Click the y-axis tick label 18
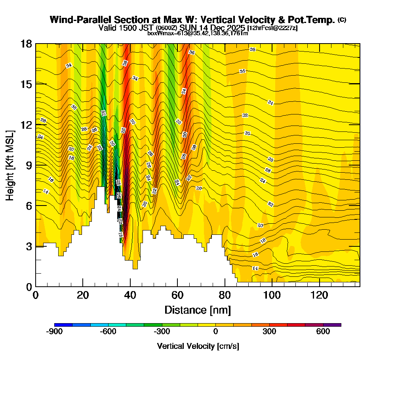(x=26, y=44)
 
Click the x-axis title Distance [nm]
(x=198, y=310)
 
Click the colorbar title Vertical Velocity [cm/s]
(x=198, y=346)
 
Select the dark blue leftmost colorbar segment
(x=63, y=325)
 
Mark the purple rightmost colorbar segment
(x=332, y=325)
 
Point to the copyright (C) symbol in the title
(x=342, y=19)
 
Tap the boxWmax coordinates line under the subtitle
(x=198, y=33)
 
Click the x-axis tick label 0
(x=36, y=295)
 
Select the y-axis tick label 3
(x=29, y=246)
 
